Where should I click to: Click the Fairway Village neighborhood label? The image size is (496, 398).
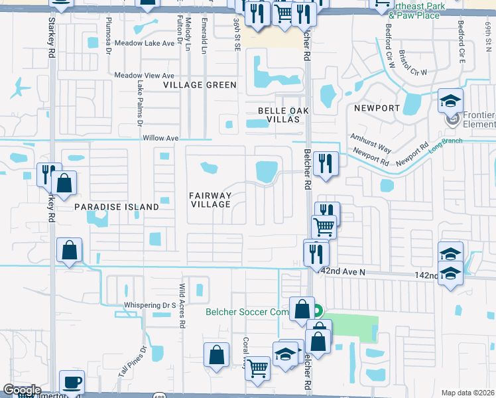pos(210,200)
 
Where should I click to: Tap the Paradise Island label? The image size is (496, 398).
pos(116,207)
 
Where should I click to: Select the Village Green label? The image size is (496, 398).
pos(200,85)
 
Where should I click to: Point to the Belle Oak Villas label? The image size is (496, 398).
pos(279,115)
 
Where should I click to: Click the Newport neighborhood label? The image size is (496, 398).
pos(377,107)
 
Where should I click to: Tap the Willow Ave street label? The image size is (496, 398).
pos(161,138)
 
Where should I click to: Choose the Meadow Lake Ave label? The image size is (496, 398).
pos(144,43)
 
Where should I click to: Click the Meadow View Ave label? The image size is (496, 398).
pos(145,76)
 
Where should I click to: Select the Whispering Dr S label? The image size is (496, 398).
pos(149,305)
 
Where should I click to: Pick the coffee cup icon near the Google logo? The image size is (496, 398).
pos(72,383)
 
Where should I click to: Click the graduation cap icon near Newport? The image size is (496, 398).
pos(450,101)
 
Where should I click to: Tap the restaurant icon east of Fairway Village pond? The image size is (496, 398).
pos(325,163)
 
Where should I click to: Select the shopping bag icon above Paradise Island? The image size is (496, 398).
pos(64,184)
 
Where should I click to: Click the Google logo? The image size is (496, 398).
pos(21,390)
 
